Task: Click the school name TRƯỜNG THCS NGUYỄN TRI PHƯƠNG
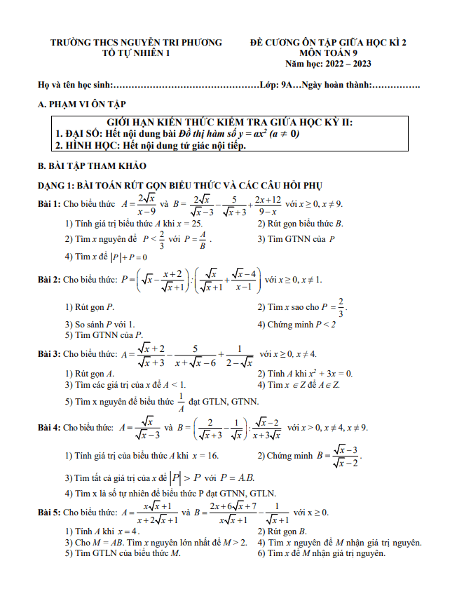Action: [136, 43]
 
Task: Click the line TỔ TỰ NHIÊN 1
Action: [136, 53]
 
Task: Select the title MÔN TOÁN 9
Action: [328, 53]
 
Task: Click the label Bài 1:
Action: [49, 204]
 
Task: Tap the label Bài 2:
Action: [49, 280]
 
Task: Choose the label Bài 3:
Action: [49, 355]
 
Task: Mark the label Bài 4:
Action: [49, 428]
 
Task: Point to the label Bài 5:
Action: [49, 513]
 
